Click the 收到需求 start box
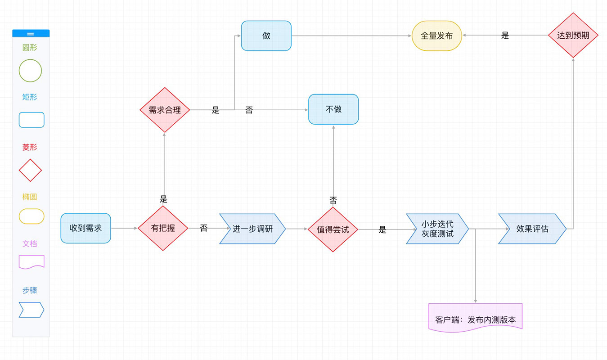(85, 228)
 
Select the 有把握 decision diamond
(162, 228)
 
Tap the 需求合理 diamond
(165, 110)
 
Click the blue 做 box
(266, 36)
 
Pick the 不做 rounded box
(333, 109)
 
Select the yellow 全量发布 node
(436, 36)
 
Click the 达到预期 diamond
(573, 36)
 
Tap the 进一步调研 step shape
(252, 229)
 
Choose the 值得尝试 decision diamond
(333, 229)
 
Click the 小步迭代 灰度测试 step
(437, 229)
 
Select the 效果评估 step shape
(532, 229)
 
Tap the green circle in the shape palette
(30, 71)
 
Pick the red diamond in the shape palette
(30, 170)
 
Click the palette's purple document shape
(31, 262)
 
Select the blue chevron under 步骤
(31, 310)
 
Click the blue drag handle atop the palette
(31, 33)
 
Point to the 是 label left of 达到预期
(505, 36)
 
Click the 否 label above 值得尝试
(333, 201)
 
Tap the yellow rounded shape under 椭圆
(31, 216)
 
